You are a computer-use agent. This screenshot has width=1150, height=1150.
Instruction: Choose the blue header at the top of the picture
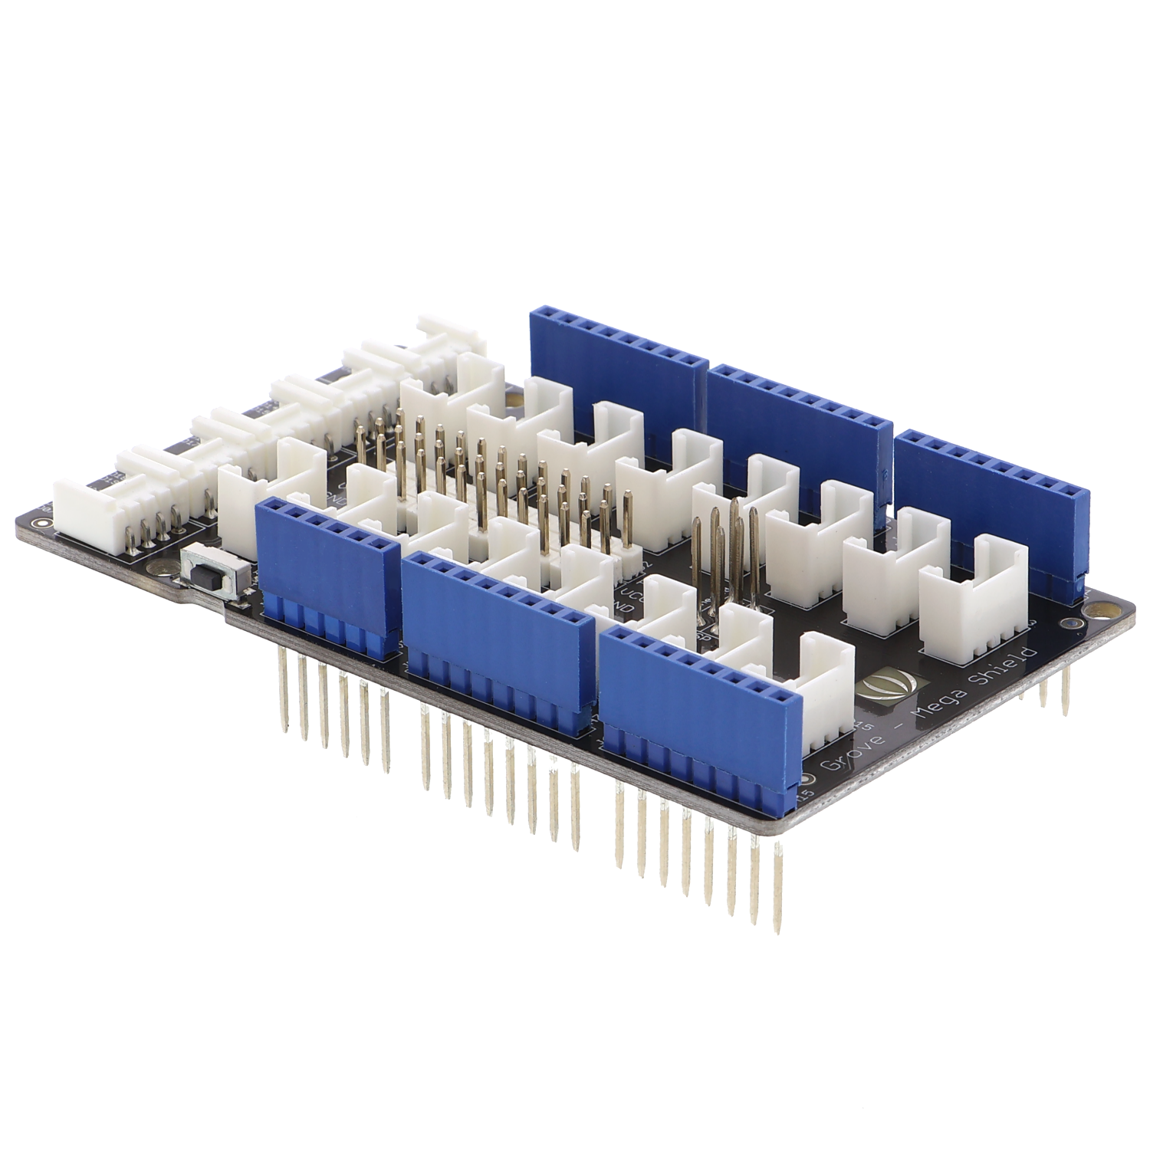(618, 360)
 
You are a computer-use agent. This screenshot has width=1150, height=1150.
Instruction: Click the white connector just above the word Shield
(974, 606)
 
